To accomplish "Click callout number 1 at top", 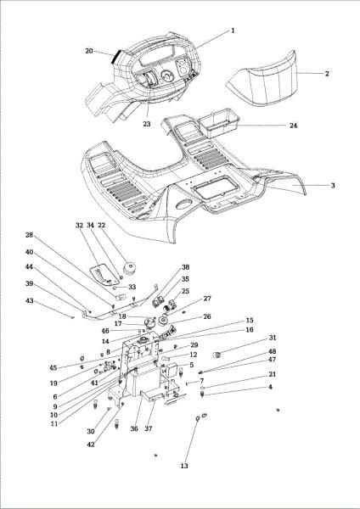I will coord(231,31).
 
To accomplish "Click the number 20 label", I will coord(89,51).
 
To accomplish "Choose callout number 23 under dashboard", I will coord(146,124).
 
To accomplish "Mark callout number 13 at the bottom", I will coord(185,466).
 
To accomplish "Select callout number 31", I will coord(272,338).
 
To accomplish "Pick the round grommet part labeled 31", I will coord(218,353).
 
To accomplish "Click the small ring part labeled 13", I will coord(199,418).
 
